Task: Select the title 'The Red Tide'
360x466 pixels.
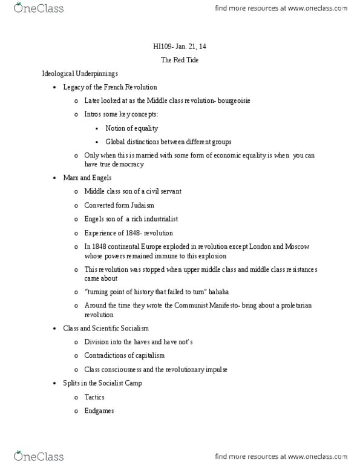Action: pyautogui.click(x=179, y=60)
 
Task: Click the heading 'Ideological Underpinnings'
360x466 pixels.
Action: pyautogui.click(x=76, y=73)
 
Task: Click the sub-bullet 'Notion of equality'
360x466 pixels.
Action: pyautogui.click(x=131, y=128)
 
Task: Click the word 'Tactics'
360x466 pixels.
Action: pyautogui.click(x=94, y=397)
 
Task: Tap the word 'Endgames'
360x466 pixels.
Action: pyautogui.click(x=99, y=411)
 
